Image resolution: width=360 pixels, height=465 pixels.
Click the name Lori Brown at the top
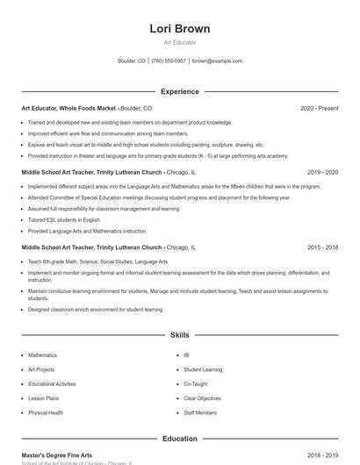(x=179, y=28)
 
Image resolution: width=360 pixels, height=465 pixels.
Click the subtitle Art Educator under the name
(x=179, y=42)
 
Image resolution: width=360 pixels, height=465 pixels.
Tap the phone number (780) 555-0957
(x=169, y=61)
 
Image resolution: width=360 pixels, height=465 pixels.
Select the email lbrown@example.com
(x=217, y=61)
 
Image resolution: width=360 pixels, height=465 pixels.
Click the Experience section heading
(x=179, y=91)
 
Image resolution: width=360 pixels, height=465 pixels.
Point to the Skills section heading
(x=179, y=335)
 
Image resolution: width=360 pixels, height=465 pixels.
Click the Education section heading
(x=179, y=439)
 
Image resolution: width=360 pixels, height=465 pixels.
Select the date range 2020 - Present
(x=319, y=108)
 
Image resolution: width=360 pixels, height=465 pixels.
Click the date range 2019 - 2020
(x=322, y=173)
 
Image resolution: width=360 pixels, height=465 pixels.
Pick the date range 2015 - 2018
(x=322, y=247)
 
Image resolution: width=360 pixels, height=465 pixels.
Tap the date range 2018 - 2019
(x=322, y=455)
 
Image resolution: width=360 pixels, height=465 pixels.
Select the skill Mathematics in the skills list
(x=42, y=355)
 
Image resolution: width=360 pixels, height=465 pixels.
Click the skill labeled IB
(x=186, y=355)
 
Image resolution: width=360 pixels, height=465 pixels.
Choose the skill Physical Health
(x=46, y=412)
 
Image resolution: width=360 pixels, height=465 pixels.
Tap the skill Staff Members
(x=200, y=412)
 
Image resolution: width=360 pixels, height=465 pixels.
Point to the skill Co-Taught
(x=195, y=384)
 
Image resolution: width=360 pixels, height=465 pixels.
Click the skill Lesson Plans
(x=44, y=398)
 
